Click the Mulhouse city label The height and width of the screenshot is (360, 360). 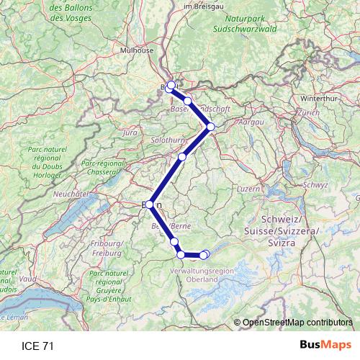[137, 50]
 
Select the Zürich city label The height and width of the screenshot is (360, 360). [307, 113]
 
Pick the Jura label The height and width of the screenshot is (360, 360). [130, 133]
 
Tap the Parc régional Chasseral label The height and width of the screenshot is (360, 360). [102, 168]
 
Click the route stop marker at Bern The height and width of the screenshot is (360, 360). [149, 204]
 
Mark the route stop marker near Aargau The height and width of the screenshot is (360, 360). [211, 127]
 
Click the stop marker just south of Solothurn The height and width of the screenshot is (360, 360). [182, 157]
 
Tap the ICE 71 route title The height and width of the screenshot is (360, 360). [38, 346]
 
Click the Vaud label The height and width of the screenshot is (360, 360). [29, 278]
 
